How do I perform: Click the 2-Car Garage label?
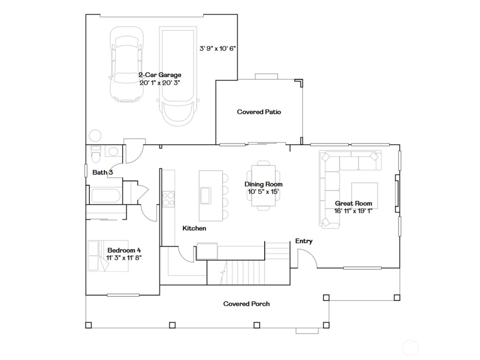pyautogui.click(x=160, y=75)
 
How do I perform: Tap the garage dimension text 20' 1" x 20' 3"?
pyautogui.click(x=160, y=83)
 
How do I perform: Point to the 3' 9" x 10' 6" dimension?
pyautogui.click(x=217, y=49)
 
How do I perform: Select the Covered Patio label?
pyautogui.click(x=259, y=112)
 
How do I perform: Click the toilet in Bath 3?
pyautogui.click(x=96, y=154)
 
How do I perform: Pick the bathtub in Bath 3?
pyautogui.click(x=106, y=196)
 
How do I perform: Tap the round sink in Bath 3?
pyautogui.click(x=113, y=151)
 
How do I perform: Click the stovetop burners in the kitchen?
pyautogui.click(x=168, y=199)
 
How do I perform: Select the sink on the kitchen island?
pyautogui.click(x=205, y=195)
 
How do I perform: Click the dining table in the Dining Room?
pyautogui.click(x=263, y=186)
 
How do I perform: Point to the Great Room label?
pyautogui.click(x=353, y=203)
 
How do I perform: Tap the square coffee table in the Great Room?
pyautogui.click(x=364, y=196)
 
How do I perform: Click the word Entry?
pyautogui.click(x=304, y=241)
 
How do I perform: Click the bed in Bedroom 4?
pyautogui.click(x=108, y=256)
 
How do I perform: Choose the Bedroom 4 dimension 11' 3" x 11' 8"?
pyautogui.click(x=124, y=258)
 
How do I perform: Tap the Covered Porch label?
pyautogui.click(x=247, y=304)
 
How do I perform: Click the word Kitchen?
pyautogui.click(x=194, y=228)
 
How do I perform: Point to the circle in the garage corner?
pyautogui.click(x=95, y=136)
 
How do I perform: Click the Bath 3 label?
pyautogui.click(x=103, y=172)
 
